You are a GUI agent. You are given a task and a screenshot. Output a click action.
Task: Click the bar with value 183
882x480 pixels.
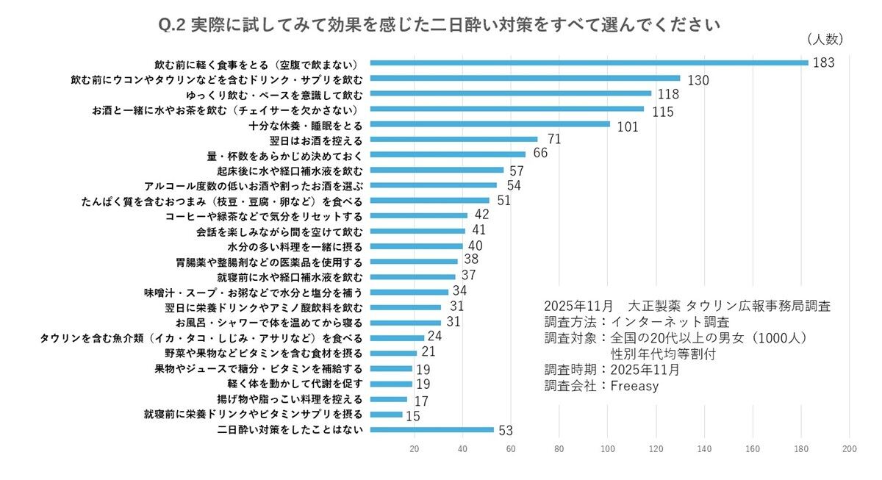589,62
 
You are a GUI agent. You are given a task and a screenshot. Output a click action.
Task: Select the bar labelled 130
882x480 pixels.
525,78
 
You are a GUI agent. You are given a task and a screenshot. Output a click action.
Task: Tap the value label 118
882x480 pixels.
667,95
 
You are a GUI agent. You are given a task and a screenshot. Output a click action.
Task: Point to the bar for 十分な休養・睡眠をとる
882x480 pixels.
490,123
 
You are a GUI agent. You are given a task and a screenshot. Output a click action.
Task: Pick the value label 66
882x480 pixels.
540,154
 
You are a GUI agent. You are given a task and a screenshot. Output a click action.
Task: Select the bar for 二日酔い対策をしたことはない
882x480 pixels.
431,430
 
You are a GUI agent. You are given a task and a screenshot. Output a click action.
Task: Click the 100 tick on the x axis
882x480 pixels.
608,448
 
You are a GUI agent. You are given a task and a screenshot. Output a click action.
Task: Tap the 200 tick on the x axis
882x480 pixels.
850,448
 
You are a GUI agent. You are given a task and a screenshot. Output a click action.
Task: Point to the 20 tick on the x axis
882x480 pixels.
414,448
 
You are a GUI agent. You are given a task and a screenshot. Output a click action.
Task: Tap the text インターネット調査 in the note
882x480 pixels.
669,322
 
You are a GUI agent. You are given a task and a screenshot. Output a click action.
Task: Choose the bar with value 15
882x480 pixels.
386,415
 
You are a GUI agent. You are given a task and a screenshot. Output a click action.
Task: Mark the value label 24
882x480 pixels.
434,336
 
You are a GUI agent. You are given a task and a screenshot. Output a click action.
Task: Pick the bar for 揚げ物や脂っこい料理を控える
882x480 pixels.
388,399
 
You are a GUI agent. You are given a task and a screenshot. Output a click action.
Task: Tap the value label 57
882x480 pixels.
518,171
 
